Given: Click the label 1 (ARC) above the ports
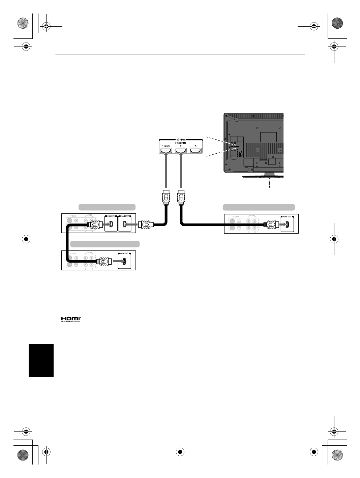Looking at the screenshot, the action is coord(166,146).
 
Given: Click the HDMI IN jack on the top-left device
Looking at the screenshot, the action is coord(111,224).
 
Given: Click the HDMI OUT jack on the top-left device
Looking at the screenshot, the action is coord(125,224).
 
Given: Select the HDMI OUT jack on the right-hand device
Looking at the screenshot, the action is coord(287,224).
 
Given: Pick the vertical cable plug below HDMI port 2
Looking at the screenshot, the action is coord(181,198).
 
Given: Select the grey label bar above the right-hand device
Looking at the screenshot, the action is coord(259,207).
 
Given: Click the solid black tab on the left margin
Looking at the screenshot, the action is coord(41,360).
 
